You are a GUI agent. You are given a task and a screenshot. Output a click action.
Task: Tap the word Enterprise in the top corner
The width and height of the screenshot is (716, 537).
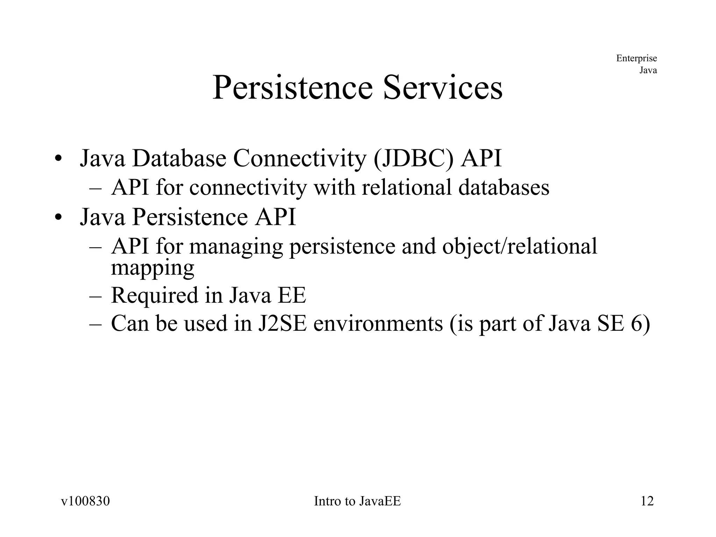tap(636, 58)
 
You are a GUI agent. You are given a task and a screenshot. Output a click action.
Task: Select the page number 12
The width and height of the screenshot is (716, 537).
tap(647, 501)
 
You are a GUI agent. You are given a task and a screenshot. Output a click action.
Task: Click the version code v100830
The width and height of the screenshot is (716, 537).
tap(85, 501)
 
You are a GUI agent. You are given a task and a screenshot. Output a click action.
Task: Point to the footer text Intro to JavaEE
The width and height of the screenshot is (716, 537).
tap(357, 501)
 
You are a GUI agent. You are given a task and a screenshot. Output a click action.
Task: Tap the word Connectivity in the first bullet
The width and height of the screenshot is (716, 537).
tap(299, 159)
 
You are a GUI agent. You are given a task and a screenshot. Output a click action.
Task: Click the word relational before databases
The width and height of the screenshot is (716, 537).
tap(407, 187)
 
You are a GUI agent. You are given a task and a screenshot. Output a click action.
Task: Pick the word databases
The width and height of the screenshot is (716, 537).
tap(504, 187)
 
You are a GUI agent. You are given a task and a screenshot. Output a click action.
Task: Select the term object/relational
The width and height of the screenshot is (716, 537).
tap(520, 247)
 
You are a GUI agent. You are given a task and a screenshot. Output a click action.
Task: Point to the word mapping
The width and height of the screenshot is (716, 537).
tap(152, 268)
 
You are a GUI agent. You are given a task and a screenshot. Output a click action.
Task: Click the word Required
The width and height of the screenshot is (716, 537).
tap(155, 295)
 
